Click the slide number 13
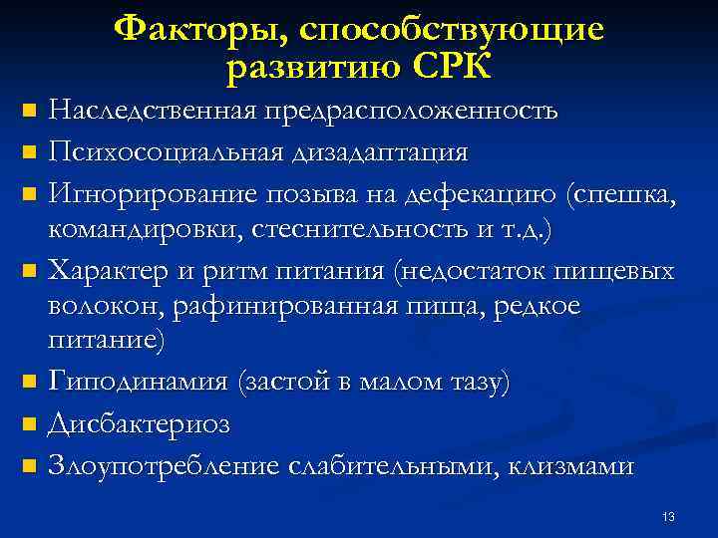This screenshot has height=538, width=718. pos(668,516)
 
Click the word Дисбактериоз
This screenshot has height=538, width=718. pos(140,424)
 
